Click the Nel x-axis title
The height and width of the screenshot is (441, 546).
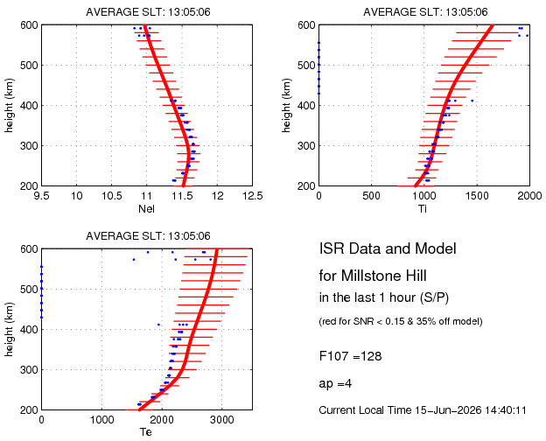[x=146, y=208]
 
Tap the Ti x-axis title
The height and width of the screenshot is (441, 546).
[x=423, y=208]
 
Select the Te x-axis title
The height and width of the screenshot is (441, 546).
[x=146, y=432]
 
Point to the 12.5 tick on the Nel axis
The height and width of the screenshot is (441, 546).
[x=253, y=196]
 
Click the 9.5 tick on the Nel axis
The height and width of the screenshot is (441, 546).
[x=41, y=196]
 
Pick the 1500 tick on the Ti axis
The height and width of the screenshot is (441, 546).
[x=477, y=196]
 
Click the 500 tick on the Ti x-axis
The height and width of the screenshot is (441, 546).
[x=371, y=196]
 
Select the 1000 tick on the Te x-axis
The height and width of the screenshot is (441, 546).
[x=101, y=420]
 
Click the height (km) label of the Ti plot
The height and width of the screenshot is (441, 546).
[x=286, y=105]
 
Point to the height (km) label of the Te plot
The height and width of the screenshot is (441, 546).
[x=9, y=329]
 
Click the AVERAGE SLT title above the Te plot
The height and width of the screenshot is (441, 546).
[x=148, y=236]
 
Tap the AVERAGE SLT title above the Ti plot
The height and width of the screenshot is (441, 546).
[x=425, y=12]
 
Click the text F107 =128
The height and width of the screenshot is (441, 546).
[x=350, y=356]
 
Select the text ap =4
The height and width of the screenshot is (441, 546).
[x=335, y=384]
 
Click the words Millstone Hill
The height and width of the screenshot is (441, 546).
[x=384, y=276]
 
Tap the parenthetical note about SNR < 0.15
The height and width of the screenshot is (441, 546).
[x=401, y=321]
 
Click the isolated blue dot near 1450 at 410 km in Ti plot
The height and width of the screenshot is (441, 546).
[x=472, y=101]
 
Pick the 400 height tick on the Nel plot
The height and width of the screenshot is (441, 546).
[x=30, y=105]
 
